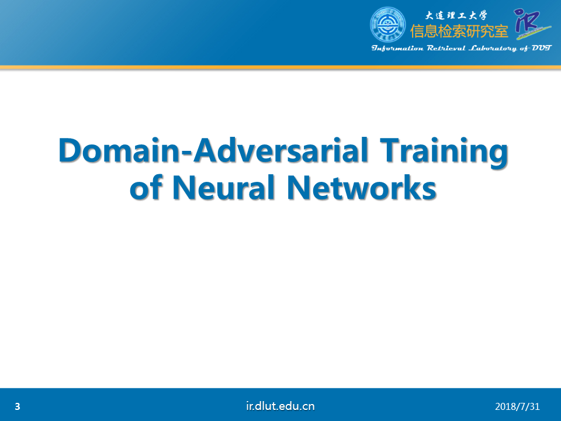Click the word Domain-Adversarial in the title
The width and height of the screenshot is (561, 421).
[213, 150]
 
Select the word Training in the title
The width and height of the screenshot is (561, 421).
[444, 152]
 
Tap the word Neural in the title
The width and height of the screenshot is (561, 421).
[224, 187]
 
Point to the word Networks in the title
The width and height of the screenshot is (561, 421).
[361, 187]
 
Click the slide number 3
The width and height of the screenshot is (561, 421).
[18, 406]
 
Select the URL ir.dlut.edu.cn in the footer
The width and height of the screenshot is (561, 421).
[280, 406]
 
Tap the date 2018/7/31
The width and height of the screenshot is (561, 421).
[517, 406]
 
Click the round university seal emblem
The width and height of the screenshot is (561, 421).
[387, 25]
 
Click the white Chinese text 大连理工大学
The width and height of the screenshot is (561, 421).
[456, 15]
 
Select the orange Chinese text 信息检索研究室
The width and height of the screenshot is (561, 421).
[459, 31]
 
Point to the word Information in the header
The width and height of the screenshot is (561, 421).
[397, 49]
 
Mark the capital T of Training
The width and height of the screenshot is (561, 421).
[391, 150]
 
